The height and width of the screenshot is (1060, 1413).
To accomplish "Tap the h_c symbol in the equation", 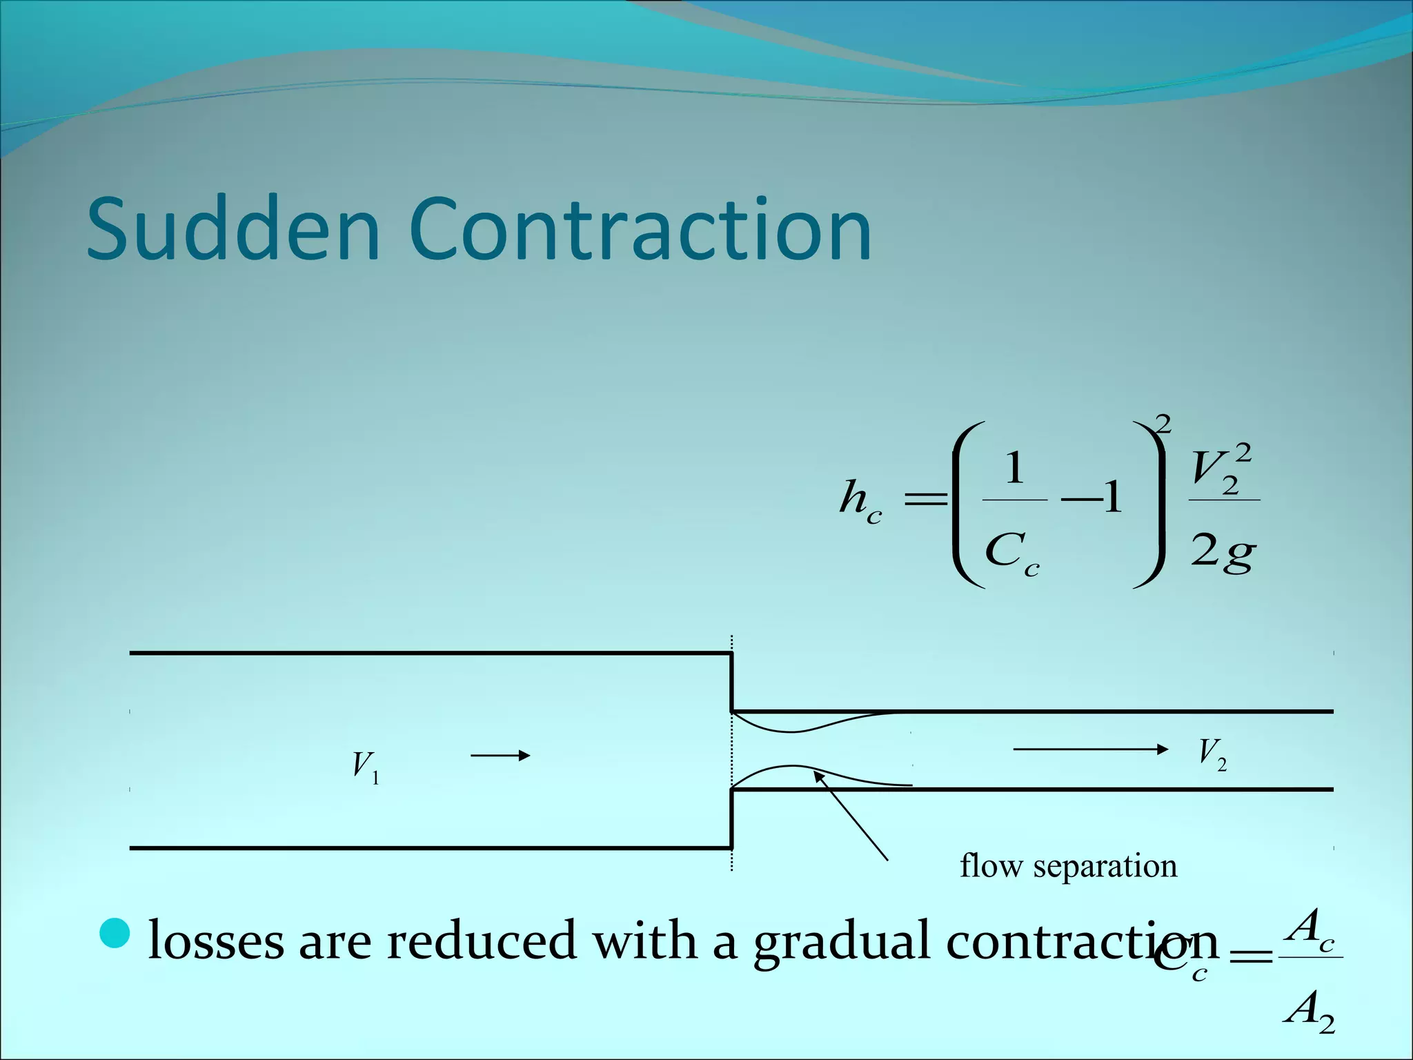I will tap(860, 500).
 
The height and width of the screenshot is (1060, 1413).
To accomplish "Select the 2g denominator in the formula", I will tap(1223, 551).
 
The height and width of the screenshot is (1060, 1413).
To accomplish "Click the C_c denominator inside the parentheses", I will tap(1011, 553).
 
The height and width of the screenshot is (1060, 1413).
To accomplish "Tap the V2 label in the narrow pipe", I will tap(1212, 754).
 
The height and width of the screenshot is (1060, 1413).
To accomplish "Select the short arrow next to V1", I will tap(500, 756).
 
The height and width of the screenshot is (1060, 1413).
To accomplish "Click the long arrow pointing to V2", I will tap(1090, 749).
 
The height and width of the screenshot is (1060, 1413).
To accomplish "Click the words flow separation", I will tap(1068, 865).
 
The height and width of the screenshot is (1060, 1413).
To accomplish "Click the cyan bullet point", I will tap(115, 933).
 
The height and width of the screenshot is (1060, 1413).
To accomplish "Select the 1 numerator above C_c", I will tap(1014, 469).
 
